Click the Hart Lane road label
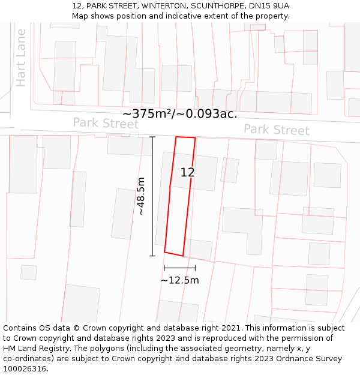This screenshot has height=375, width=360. coord(22,58)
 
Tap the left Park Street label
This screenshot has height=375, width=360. coord(106,124)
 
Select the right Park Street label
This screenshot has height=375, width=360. coord(276,130)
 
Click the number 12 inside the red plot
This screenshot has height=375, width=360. coord(188,173)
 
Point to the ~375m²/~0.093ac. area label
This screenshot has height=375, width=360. coord(180,113)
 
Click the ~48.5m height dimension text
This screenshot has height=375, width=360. coord(141,196)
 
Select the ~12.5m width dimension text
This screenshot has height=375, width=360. coord(179,280)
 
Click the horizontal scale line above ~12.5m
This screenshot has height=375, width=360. coord(179,268)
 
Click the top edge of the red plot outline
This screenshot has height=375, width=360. coord(185,137)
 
